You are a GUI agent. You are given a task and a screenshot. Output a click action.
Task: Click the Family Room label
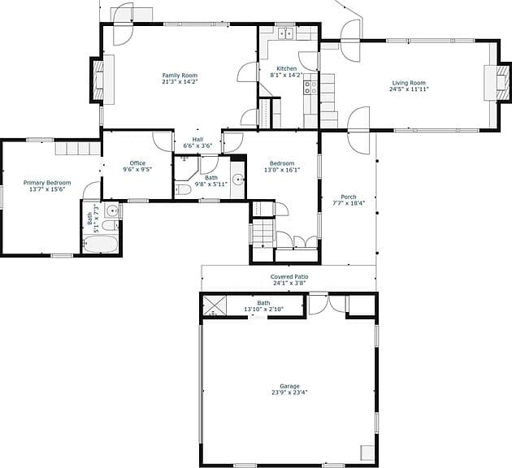180,76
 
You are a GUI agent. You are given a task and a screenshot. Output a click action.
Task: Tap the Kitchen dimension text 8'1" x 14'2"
286,75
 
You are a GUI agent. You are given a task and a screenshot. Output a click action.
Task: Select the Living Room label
409,83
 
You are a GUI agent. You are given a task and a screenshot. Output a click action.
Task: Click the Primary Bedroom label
47,183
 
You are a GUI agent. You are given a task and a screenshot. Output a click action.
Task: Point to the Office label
137,163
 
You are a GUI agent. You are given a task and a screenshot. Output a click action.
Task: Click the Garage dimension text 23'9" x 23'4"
289,392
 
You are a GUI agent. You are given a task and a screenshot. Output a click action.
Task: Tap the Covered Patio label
289,277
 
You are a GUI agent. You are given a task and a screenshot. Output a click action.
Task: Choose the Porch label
349,197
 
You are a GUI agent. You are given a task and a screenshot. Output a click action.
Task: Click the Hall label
197,140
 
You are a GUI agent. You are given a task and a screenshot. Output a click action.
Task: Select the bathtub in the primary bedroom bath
100,244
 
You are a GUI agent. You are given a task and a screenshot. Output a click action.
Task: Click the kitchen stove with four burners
310,88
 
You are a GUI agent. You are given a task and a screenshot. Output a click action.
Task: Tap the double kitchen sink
286,33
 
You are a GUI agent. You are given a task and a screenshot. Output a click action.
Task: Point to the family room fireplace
98,80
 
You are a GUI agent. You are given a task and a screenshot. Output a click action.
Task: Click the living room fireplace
503,82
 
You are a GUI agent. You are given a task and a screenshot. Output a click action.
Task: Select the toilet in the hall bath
183,189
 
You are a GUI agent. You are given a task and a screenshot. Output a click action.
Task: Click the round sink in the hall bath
238,180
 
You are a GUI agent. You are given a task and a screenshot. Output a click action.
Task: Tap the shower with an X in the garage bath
215,305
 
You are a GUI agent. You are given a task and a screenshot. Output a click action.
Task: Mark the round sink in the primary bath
112,210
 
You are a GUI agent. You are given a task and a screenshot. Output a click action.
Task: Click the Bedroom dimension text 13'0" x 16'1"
282,170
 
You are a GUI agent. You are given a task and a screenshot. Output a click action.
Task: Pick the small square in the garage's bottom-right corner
367,453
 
